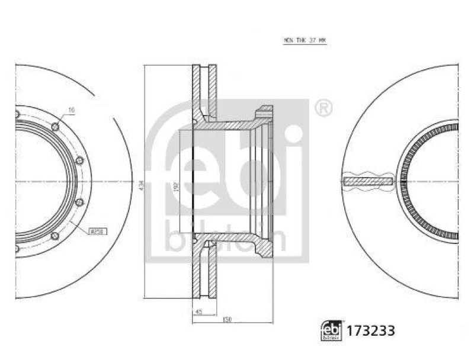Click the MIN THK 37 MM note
click(x=304, y=41)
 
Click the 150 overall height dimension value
click(x=228, y=320)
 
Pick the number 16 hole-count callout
click(x=71, y=110)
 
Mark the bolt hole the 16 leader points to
click(x=55, y=126)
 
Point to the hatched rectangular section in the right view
click(x=368, y=181)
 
